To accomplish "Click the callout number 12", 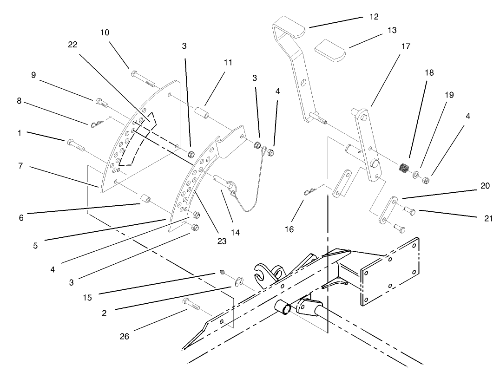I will tap(374, 17).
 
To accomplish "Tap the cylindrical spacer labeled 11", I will tap(201, 114).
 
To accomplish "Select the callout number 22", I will tap(72, 44).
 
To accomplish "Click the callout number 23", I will tap(222, 241).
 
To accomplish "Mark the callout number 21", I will tap(488, 219).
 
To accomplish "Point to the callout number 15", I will tap(87, 298).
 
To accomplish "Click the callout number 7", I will tap(20, 166).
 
